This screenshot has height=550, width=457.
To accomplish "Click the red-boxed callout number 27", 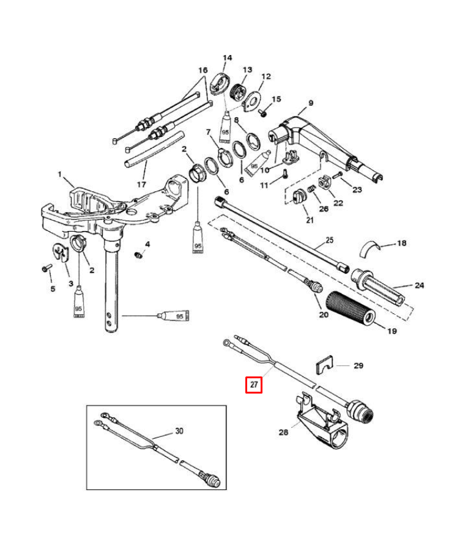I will point(254,385).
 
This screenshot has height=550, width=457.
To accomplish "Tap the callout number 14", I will point(227,59).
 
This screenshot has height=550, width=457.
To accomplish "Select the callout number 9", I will point(310,103).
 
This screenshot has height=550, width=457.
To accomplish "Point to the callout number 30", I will point(179,431).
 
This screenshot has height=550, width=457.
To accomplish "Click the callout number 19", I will point(392,331).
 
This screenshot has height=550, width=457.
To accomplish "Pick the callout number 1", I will point(61,175).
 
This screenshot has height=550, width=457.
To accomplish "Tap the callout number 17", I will point(141,183).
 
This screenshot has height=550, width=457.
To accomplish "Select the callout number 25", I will point(329,240).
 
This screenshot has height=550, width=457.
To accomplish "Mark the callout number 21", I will point(309,221).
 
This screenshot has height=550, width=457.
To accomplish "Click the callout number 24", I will point(419,285).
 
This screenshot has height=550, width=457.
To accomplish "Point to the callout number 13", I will point(247,70).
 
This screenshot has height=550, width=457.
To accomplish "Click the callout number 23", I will point(357,189).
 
